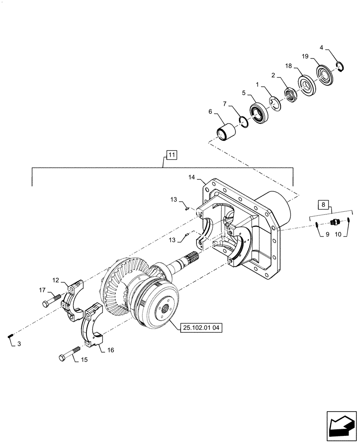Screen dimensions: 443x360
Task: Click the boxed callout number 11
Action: coord(172,155)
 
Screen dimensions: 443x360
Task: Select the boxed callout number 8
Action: coord(323,205)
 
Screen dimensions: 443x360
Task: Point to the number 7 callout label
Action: coord(225,104)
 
